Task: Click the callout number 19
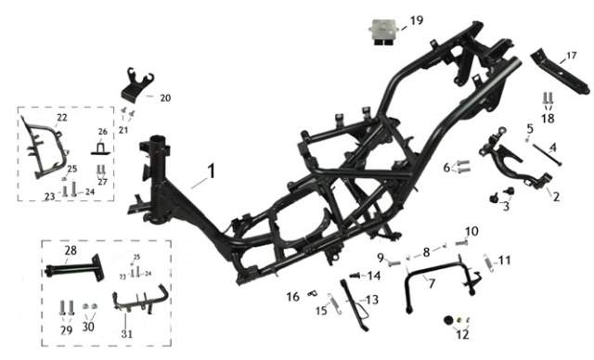(417, 20)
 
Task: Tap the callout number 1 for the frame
(211, 171)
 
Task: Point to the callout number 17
(572, 56)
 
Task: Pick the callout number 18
(548, 119)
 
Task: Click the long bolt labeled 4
(548, 155)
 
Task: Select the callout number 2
(556, 197)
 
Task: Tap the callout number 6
(447, 167)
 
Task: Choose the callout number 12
(462, 334)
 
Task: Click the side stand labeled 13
(355, 304)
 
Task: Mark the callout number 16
(293, 297)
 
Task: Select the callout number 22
(62, 118)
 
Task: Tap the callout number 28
(71, 251)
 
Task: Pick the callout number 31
(127, 334)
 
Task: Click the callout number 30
(88, 327)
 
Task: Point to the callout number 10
(471, 231)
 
